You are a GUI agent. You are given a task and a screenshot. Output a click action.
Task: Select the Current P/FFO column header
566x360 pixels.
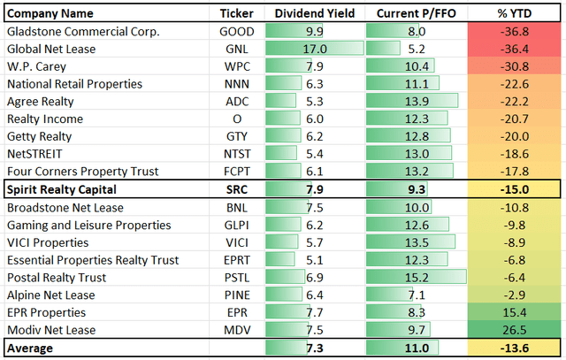[415, 14]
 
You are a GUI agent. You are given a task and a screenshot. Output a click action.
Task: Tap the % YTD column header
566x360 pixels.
[514, 14]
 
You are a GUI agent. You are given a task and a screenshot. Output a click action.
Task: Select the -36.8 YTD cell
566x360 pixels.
[514, 32]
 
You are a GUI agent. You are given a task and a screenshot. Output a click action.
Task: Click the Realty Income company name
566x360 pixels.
[45, 119]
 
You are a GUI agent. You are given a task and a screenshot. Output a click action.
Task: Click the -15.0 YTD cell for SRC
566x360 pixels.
[514, 189]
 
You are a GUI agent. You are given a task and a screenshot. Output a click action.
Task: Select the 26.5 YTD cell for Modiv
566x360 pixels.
[514, 330]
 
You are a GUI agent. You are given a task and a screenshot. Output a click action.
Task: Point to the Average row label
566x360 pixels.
[32, 349]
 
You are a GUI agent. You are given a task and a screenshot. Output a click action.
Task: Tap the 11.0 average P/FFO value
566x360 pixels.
[415, 349]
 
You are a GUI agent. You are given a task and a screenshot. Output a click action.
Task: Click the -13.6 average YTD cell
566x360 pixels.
[514, 349]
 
